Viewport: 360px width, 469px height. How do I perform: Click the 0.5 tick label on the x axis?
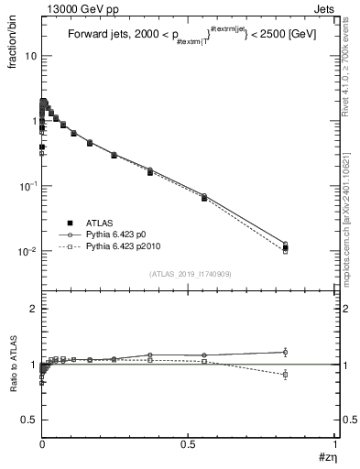189,444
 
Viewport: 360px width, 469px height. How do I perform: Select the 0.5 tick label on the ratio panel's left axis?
28,420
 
